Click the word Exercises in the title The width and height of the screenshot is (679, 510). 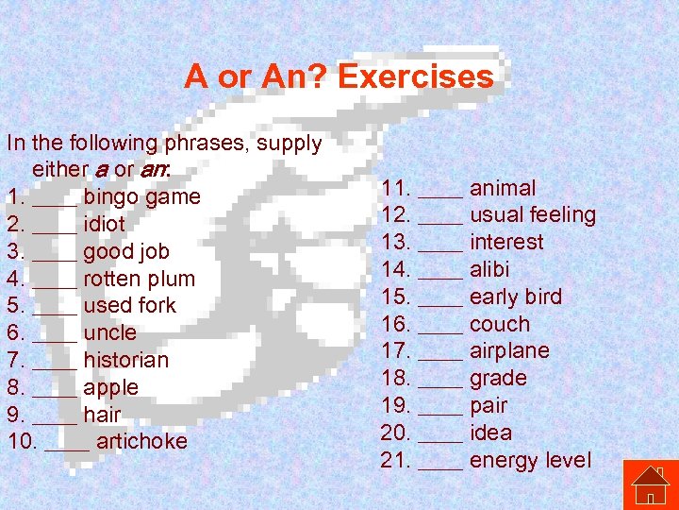click(x=415, y=76)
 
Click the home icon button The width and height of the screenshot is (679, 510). click(x=650, y=484)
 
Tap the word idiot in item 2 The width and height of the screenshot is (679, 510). click(x=104, y=225)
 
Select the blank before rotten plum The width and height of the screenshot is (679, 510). click(x=55, y=280)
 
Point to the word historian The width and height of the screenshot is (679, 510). click(x=126, y=360)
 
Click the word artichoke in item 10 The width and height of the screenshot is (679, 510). click(x=141, y=441)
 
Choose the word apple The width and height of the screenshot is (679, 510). click(x=110, y=387)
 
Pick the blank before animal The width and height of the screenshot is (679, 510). click(x=440, y=189)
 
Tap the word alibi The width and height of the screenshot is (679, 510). click(x=489, y=269)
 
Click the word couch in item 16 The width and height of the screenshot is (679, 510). click(x=500, y=324)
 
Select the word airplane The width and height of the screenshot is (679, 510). click(x=509, y=350)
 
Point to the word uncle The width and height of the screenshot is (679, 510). click(x=109, y=332)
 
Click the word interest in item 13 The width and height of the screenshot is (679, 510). click(x=506, y=242)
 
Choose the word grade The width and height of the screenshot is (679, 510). click(x=498, y=378)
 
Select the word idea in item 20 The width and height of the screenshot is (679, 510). click(x=490, y=433)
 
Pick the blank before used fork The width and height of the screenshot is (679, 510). click(x=55, y=306)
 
